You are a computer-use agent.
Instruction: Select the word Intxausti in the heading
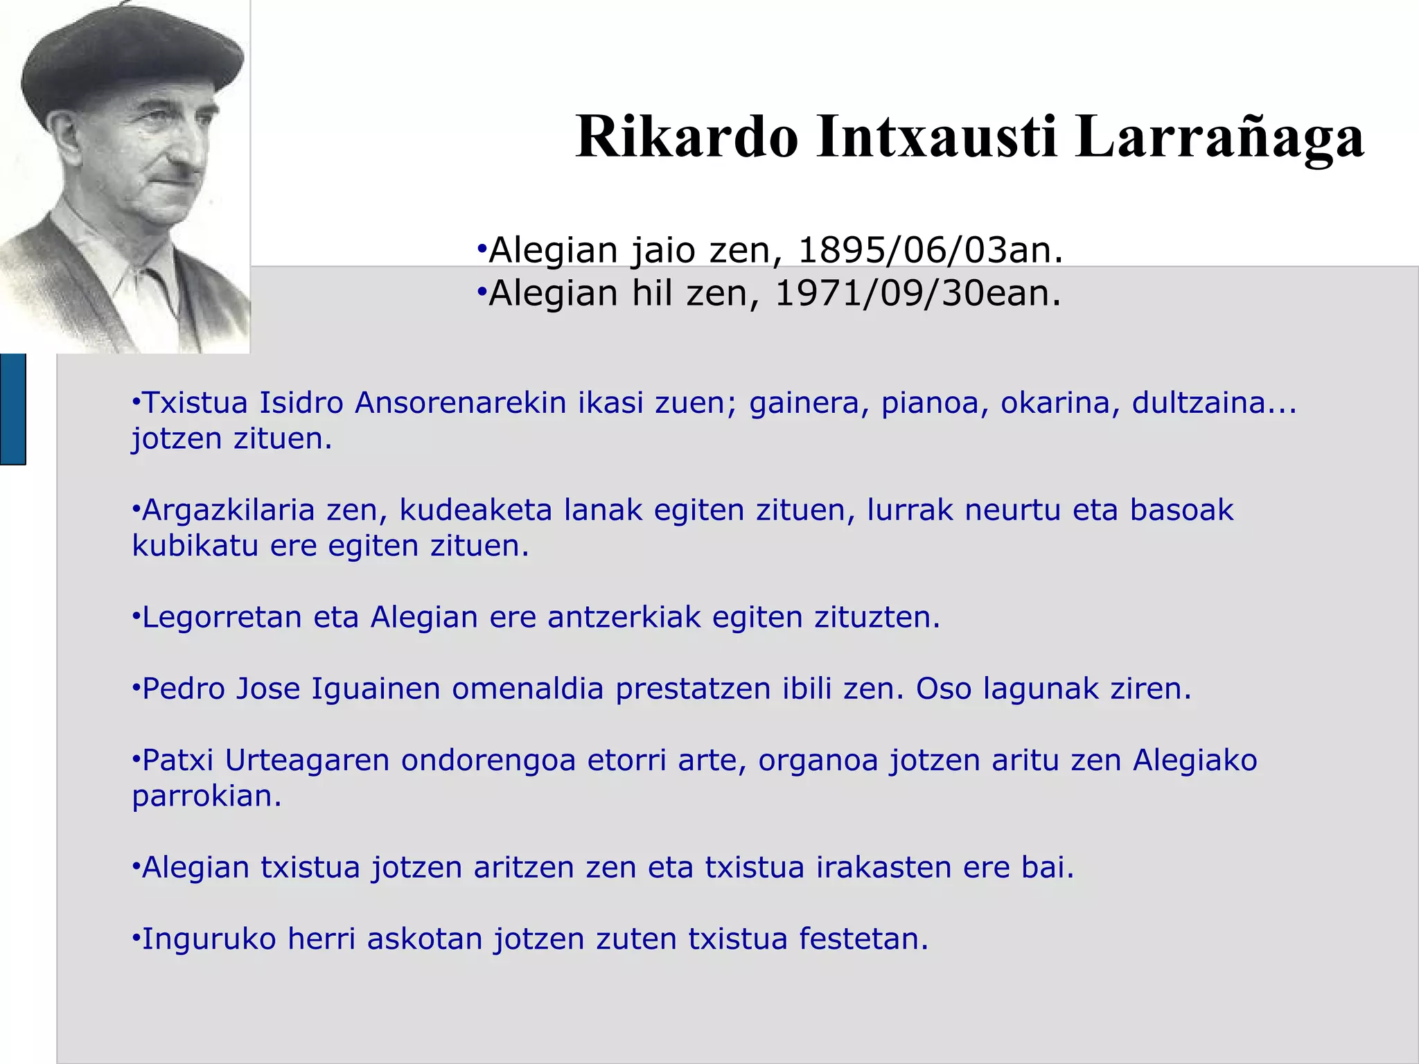(x=937, y=137)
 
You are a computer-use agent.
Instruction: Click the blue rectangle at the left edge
(x=12, y=409)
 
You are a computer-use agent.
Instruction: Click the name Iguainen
(x=376, y=689)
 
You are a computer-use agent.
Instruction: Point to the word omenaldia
(x=528, y=689)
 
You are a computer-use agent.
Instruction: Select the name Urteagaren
(x=307, y=761)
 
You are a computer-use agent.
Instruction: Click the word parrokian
(x=206, y=797)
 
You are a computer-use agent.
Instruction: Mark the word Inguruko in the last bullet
(x=209, y=940)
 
